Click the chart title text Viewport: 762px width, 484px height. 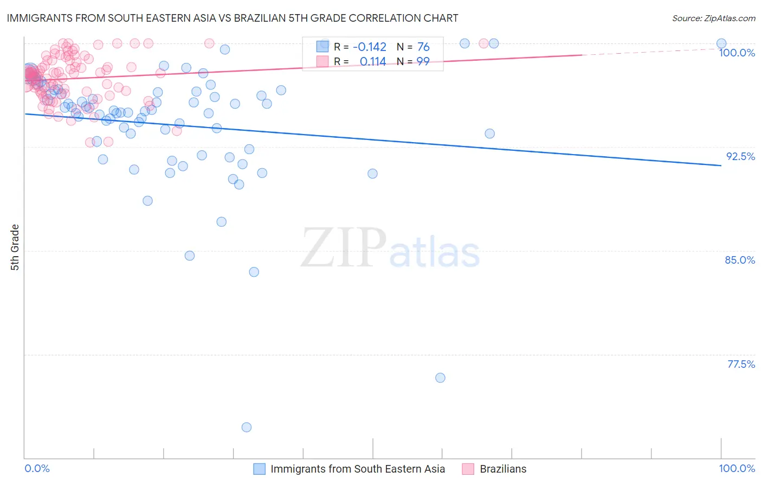click(233, 18)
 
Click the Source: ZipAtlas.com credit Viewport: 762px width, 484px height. click(713, 18)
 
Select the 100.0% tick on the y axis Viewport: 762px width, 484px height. click(737, 53)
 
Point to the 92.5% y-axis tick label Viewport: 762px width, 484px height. click(740, 156)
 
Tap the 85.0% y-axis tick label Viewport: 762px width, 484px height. click(740, 260)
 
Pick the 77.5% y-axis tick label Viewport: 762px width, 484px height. click(741, 364)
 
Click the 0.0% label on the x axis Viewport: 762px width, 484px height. click(37, 468)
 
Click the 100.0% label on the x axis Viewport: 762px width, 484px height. click(737, 468)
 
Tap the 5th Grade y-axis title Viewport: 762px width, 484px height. click(15, 247)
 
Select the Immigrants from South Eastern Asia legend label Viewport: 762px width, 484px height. click(357, 469)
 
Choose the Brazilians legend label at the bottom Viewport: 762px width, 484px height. click(503, 469)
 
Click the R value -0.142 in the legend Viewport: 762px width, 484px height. click(369, 47)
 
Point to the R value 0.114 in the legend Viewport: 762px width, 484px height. click(372, 61)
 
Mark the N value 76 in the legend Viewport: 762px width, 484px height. click(423, 47)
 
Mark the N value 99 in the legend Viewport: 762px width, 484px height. click(423, 61)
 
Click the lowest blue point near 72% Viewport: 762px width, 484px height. click(247, 427)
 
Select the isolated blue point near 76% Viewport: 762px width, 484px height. click(440, 378)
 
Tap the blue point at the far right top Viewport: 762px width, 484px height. click(721, 43)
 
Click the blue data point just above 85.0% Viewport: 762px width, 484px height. click(190, 256)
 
